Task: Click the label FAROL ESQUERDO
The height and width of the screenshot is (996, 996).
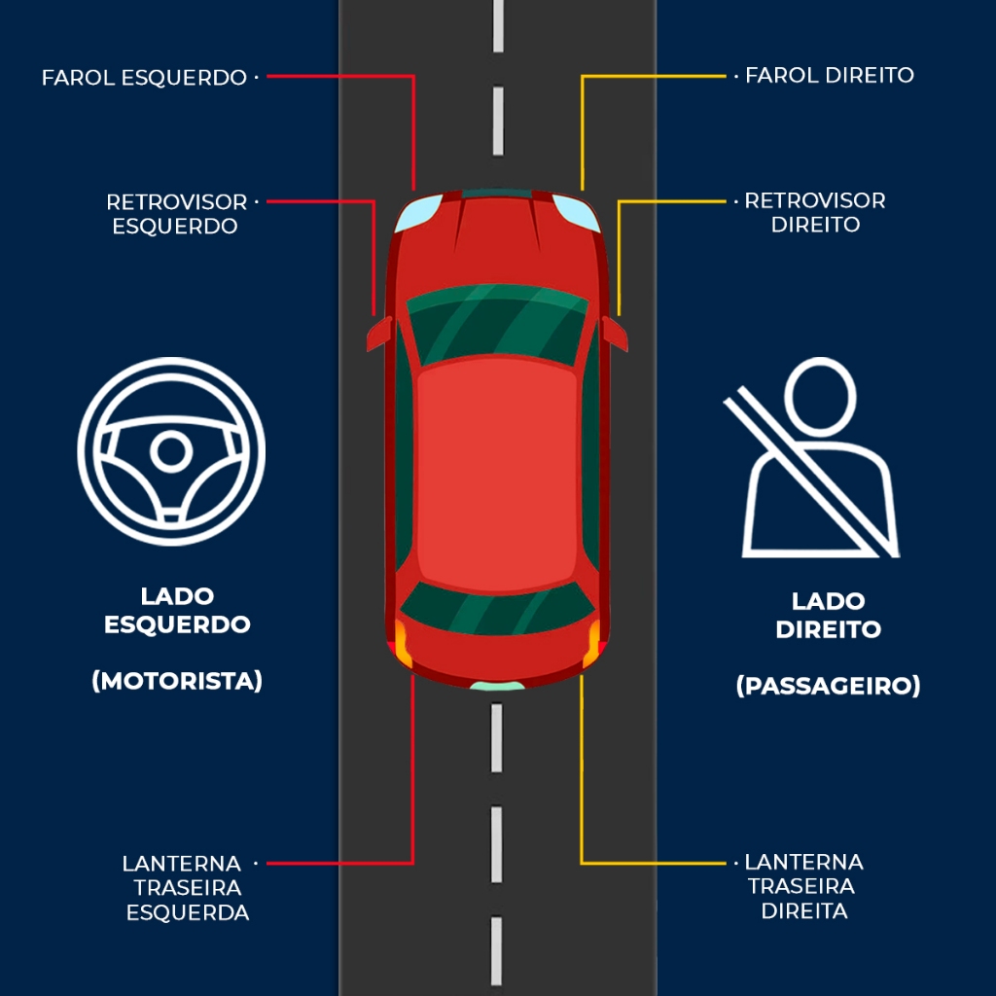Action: pos(144,78)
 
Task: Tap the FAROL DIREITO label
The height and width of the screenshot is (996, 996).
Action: pos(829,75)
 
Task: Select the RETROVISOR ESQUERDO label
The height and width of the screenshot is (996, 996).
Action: pos(176,214)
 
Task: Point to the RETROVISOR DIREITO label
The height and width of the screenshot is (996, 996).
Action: pos(815,212)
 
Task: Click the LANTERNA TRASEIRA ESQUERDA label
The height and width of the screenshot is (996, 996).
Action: pos(186,887)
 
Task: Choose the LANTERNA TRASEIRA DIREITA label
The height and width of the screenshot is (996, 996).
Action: pos(803,886)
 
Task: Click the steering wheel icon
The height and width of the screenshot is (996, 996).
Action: pos(171,451)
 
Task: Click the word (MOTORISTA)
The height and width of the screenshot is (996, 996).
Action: pos(177,681)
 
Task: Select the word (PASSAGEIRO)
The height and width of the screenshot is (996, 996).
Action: pos(828,686)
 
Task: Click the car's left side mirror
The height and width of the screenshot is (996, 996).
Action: pos(377,334)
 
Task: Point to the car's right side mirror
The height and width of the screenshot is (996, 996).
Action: pos(615,333)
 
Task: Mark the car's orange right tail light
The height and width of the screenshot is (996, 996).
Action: pos(592,645)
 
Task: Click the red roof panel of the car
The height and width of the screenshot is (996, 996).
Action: pos(497,472)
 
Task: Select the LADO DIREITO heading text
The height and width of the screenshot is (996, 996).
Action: pos(828,615)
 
